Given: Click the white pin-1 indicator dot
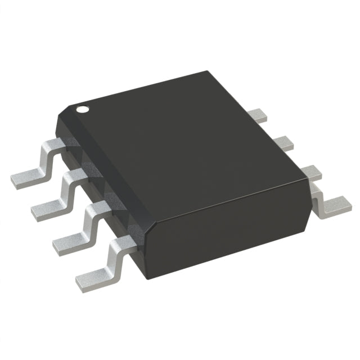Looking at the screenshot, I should click(x=83, y=109).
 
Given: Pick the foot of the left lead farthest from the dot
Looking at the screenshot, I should click(x=92, y=274).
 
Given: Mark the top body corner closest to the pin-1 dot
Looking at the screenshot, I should click(x=62, y=113).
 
